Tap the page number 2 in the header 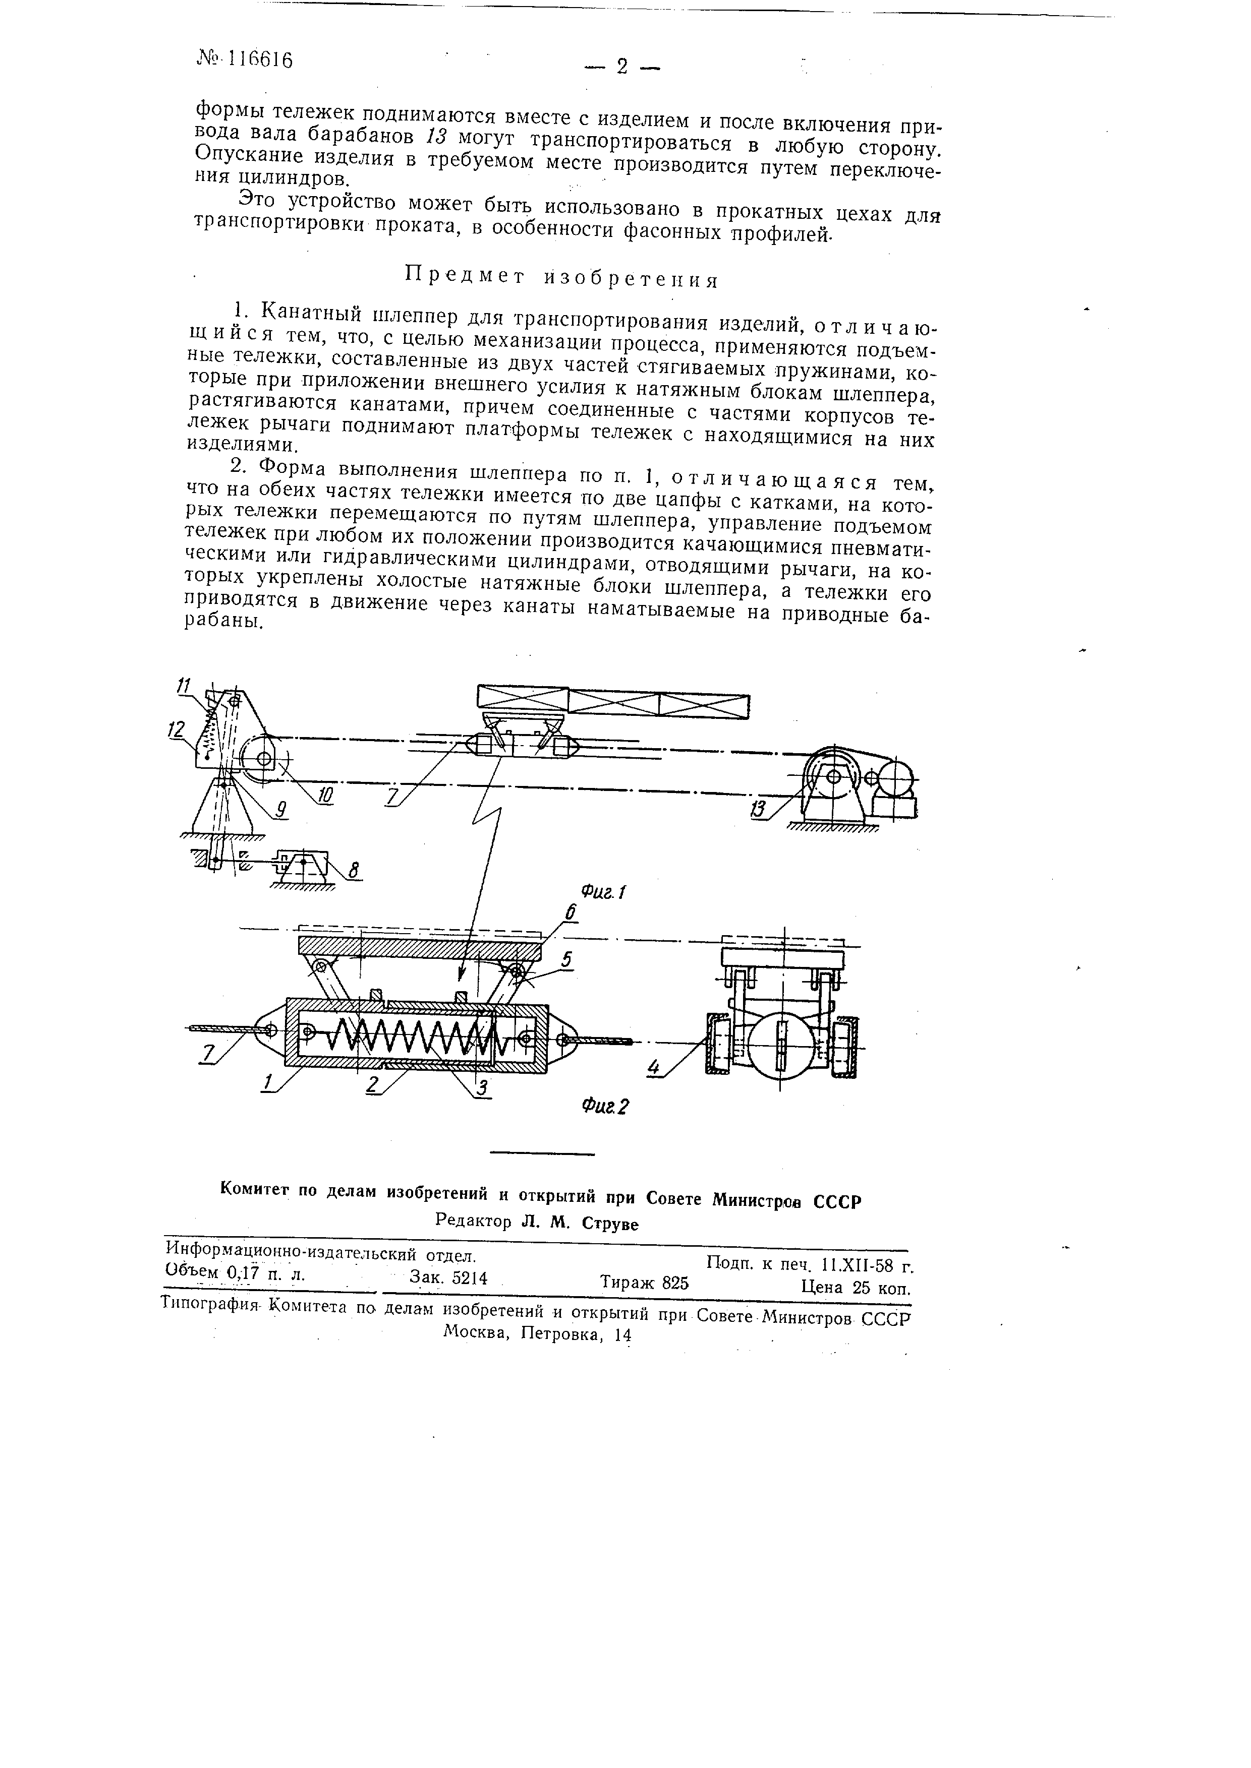coord(622,68)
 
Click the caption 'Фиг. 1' coord(603,892)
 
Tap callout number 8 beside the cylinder coord(354,871)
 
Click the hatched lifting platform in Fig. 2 coord(420,946)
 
